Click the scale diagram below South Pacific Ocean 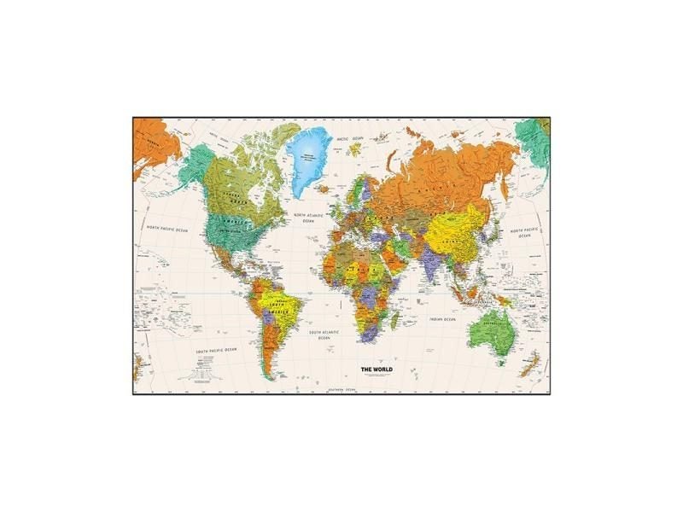coord(205,367)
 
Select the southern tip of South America coord(269,376)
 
